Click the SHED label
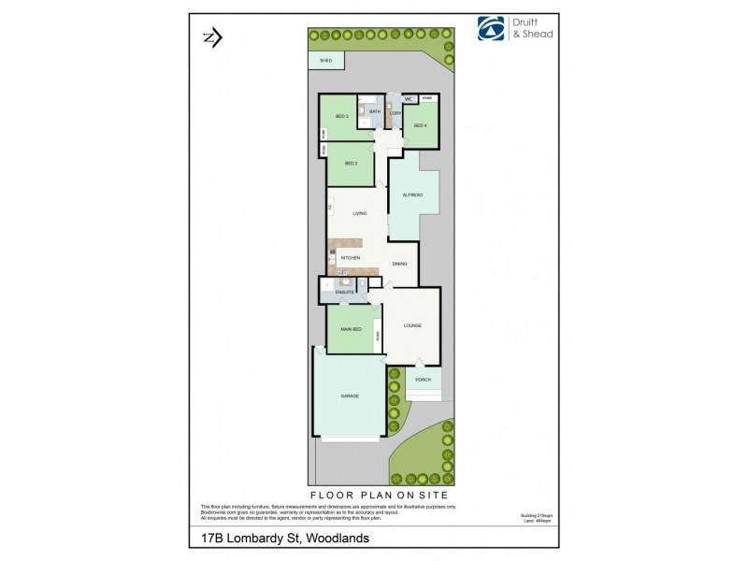coord(325,60)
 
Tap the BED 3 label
coord(341,117)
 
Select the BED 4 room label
coord(420,125)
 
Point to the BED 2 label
coord(351,164)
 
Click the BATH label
coord(374,111)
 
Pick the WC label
coord(409,98)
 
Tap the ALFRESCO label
coord(413,194)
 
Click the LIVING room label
coord(360,213)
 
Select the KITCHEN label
coord(351,257)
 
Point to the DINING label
coord(399,264)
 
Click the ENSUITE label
coord(344,293)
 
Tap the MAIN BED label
coord(351,328)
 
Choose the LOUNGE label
coord(412,325)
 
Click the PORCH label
coord(423,380)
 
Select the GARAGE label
coord(350,396)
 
